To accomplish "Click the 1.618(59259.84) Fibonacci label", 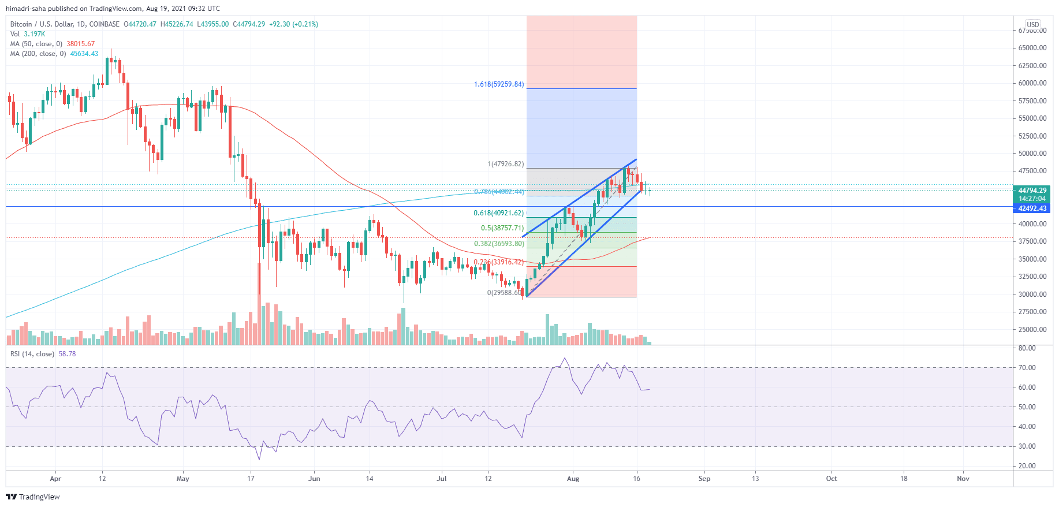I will [x=499, y=84].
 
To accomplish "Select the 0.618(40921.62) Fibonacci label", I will [x=498, y=213].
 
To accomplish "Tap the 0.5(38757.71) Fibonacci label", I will [x=502, y=228].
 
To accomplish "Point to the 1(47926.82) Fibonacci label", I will [x=506, y=164].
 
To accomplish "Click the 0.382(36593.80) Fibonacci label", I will [x=499, y=244].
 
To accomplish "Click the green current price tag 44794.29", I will [x=1032, y=191].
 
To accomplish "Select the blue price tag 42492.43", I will [x=1032, y=208].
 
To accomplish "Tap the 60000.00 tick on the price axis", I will [x=1032, y=83].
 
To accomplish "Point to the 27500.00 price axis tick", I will [x=1032, y=312].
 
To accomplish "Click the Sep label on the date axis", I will [x=704, y=479].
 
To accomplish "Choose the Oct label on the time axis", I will [x=831, y=479].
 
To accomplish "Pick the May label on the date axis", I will [x=182, y=479].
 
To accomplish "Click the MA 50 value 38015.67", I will [x=80, y=44].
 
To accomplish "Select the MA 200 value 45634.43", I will [x=84, y=54].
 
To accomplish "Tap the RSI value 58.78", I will [x=67, y=354].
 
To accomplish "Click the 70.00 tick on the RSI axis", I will [x=1027, y=368].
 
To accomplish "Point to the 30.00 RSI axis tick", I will [x=1027, y=446].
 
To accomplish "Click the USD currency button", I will [x=1033, y=25].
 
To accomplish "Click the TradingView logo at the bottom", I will [x=33, y=497].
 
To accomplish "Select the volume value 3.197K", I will [x=35, y=34].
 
